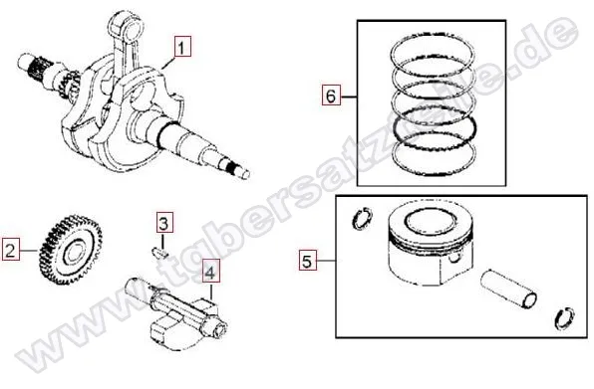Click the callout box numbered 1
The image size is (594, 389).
[x=182, y=47]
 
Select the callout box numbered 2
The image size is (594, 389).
[x=11, y=250]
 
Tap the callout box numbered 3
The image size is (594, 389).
[x=163, y=223]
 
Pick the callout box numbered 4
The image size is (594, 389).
[x=210, y=271]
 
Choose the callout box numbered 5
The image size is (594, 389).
[x=307, y=260]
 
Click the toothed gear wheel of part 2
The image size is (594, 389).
[x=71, y=250]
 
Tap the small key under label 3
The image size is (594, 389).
[x=159, y=252]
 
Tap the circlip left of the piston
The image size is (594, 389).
[x=362, y=218]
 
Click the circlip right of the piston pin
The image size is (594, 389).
[x=565, y=318]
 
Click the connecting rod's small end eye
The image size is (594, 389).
[x=126, y=27]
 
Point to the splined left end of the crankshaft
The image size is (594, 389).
[x=36, y=66]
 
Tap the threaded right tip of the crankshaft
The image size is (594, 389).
[x=238, y=171]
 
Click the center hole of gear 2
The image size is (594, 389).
[x=74, y=254]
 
